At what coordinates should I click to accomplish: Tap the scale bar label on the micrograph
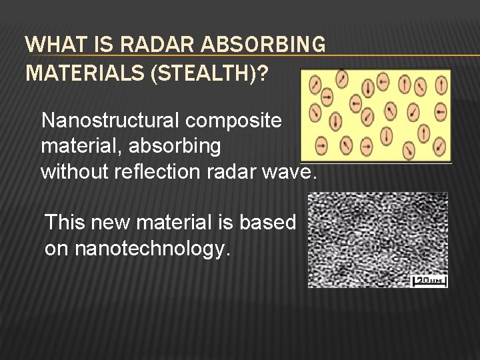click(430, 281)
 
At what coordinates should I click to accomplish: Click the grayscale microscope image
click(377, 240)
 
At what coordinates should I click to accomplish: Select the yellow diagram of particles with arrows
click(375, 115)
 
